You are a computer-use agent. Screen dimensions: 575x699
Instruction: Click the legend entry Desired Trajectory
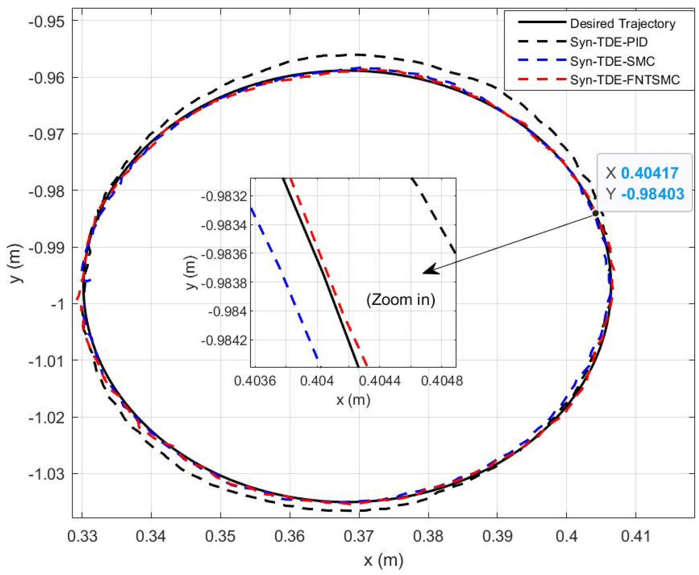click(622, 23)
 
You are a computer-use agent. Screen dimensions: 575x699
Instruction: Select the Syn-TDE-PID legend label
click(609, 42)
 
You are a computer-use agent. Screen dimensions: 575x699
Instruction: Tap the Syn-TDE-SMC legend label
click(612, 61)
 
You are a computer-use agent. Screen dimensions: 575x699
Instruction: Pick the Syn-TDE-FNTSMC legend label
click(625, 80)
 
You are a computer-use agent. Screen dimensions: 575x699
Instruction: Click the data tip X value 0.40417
click(649, 173)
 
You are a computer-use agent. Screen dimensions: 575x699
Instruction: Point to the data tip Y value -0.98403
click(652, 194)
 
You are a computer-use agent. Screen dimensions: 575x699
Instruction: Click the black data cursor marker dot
click(596, 213)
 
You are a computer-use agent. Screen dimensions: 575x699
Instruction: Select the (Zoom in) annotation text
click(400, 300)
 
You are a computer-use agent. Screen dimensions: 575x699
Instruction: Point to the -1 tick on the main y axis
click(57, 304)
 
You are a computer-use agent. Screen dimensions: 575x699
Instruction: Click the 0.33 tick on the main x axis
click(82, 536)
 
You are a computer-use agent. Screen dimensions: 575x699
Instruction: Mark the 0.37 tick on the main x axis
click(359, 536)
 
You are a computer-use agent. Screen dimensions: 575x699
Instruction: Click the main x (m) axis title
click(383, 560)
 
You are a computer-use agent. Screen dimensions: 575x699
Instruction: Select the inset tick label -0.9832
click(224, 197)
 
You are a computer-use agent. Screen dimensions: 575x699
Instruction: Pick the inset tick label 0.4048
click(442, 381)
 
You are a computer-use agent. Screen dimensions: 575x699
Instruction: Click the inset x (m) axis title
click(353, 400)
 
